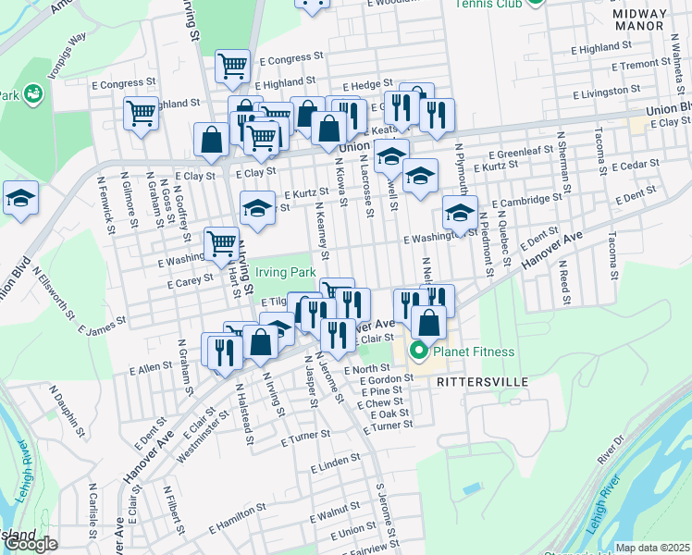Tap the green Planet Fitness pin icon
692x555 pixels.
point(418,351)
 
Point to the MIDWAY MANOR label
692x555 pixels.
point(638,20)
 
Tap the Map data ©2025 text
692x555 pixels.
point(653,548)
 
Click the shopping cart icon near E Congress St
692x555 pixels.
point(232,67)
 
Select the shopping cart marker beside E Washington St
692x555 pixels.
point(221,245)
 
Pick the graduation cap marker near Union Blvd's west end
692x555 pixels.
point(20,199)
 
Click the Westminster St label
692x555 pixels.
point(222,422)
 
